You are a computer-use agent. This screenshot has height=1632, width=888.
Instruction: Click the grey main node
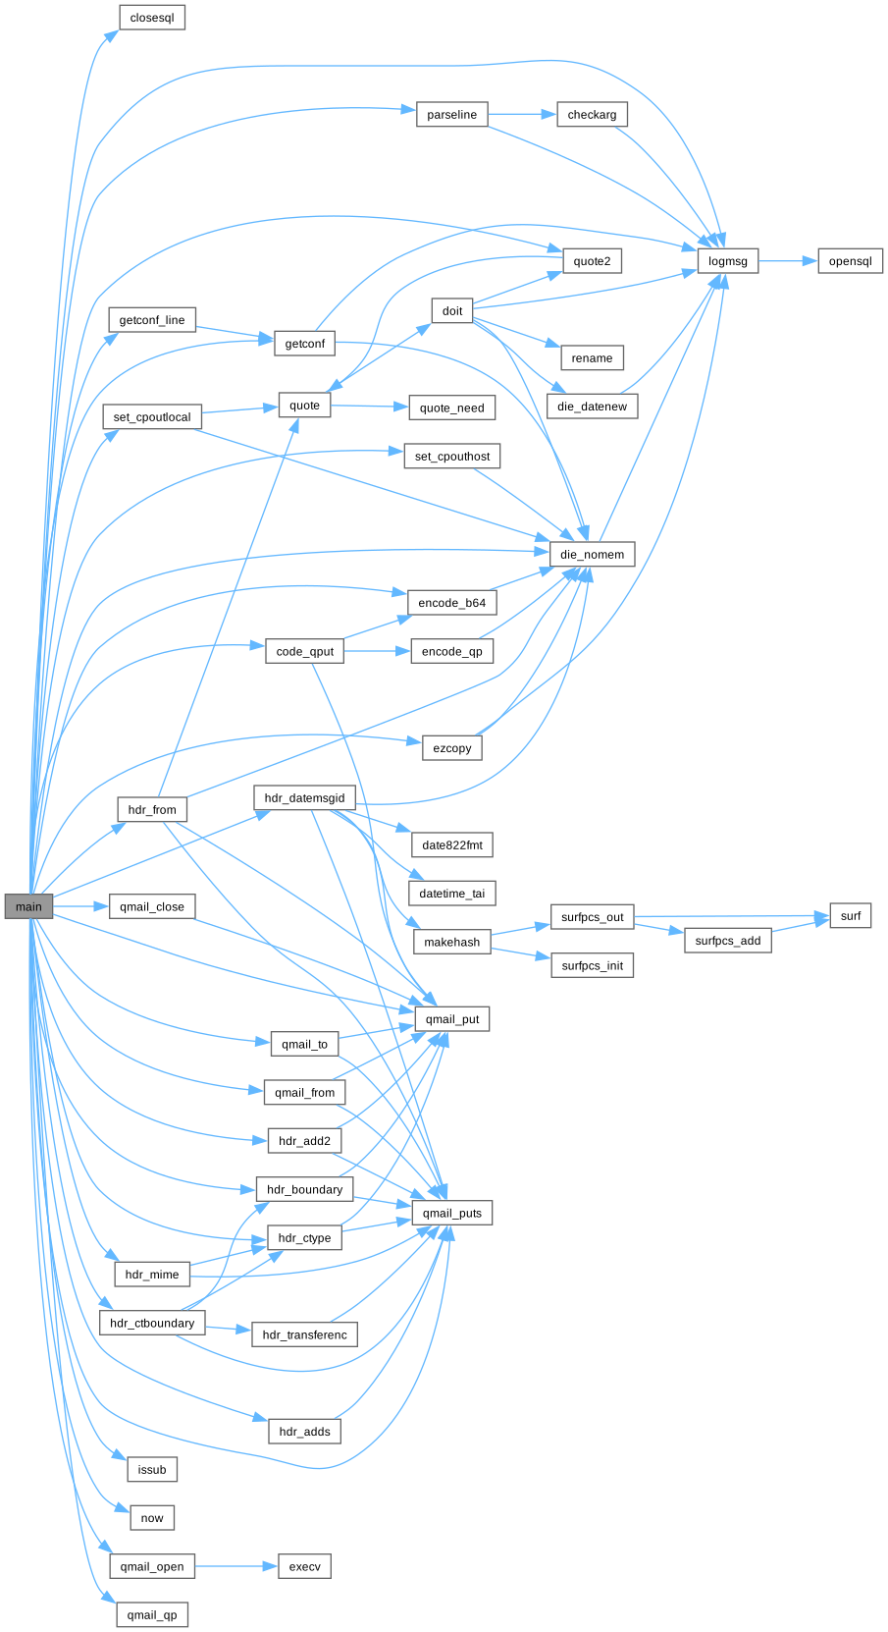coord(28,906)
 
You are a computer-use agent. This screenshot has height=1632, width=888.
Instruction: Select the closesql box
coord(152,18)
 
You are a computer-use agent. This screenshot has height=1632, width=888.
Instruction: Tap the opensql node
coord(850,261)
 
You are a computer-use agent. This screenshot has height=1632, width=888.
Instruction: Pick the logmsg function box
coord(727,261)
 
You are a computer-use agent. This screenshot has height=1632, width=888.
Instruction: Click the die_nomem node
coord(592,554)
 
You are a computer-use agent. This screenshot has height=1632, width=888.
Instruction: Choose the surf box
coord(850,916)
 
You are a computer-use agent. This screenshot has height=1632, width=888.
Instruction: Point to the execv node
coord(304,1566)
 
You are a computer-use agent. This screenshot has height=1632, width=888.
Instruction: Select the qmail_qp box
coord(152,1615)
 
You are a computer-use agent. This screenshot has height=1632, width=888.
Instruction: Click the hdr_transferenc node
coord(304,1334)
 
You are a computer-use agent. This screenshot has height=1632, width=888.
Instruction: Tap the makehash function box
coord(451,942)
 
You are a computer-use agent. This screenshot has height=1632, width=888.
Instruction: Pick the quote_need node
coord(451,408)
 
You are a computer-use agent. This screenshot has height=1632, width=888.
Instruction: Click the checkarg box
coord(592,115)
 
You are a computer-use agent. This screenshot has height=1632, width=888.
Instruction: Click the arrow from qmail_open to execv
coord(236,1566)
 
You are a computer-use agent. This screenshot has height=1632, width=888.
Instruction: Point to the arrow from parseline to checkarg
coord(521,115)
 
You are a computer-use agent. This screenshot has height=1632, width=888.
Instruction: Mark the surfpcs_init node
coord(592,965)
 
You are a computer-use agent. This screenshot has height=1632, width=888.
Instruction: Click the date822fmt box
coord(451,844)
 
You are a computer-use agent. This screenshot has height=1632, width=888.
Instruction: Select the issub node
coord(152,1470)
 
